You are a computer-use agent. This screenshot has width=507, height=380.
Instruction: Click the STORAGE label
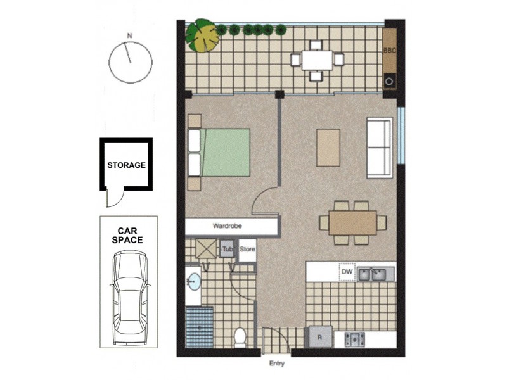[x=126, y=165]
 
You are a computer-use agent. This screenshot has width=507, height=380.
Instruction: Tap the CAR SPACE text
[x=127, y=236]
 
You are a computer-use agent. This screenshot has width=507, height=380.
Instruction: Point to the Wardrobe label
[x=228, y=225]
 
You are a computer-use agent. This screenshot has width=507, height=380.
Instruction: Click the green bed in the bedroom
[x=225, y=152]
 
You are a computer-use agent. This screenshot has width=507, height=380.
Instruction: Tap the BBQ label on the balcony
[x=389, y=50]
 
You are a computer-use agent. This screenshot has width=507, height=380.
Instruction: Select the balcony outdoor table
[x=316, y=60]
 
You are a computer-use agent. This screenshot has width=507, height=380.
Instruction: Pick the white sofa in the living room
[x=379, y=148]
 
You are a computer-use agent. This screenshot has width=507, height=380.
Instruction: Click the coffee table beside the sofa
[x=328, y=148]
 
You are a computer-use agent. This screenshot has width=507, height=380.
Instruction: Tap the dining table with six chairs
[x=353, y=222]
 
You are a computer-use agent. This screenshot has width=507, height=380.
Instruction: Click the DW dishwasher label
[x=346, y=272]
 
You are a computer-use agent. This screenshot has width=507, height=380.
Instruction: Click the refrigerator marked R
[x=319, y=338]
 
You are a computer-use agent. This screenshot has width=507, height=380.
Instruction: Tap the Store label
[x=247, y=250]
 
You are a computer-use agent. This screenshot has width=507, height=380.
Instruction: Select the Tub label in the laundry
[x=228, y=250]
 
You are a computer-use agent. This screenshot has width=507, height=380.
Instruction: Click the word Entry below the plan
[x=276, y=364]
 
